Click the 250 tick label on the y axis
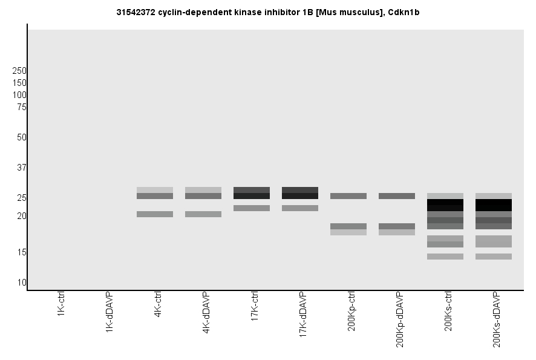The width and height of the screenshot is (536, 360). [19, 71]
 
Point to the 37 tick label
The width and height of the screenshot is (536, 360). [22, 168]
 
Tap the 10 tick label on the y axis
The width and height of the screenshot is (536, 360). [22, 283]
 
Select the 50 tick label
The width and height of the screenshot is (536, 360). [22, 137]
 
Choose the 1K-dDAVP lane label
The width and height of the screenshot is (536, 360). [109, 312]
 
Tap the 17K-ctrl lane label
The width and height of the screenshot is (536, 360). [255, 307]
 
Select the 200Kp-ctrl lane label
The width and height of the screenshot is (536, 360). [351, 311]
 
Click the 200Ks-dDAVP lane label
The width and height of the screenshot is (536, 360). [497, 319]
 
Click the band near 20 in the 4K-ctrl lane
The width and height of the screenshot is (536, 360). [155, 214]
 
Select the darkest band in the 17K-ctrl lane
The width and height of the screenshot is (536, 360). [252, 196]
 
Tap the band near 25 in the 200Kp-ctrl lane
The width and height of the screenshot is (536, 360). [348, 196]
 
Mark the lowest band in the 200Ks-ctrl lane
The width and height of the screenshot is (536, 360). [445, 257]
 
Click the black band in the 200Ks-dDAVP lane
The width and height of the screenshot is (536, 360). [494, 205]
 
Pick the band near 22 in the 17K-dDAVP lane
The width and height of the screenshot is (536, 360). [300, 208]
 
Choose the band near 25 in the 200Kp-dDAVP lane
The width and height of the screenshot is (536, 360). [397, 196]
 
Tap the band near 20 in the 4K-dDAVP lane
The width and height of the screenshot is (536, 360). [203, 214]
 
